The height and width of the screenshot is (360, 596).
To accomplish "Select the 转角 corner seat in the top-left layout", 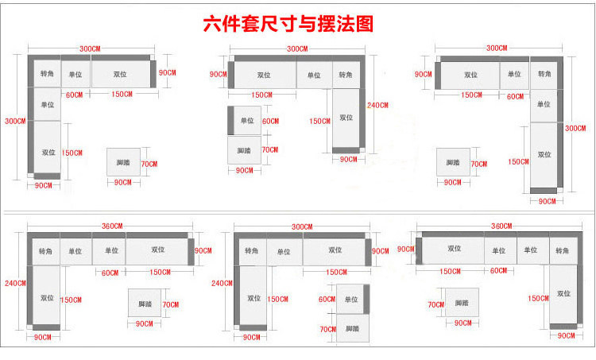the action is (47, 74).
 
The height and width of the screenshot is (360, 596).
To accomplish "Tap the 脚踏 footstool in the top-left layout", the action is (123, 163).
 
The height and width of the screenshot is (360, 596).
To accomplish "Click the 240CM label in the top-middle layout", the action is (378, 105).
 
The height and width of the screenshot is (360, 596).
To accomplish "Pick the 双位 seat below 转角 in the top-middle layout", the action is (346, 118).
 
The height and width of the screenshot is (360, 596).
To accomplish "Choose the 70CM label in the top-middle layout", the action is (270, 149).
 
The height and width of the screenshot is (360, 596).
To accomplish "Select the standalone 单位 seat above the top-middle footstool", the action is (246, 121).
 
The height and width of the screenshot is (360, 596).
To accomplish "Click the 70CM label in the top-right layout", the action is (479, 164).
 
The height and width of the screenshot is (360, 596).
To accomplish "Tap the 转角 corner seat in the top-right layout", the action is (544, 75).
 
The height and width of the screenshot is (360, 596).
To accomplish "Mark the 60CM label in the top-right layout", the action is (515, 96).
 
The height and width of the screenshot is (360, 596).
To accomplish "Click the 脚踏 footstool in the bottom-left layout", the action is (145, 304).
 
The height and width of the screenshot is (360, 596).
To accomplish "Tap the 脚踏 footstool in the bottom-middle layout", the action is (351, 328).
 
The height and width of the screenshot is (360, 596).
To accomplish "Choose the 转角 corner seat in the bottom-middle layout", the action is (251, 251).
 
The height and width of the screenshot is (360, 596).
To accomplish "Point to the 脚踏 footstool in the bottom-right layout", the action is (462, 303).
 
